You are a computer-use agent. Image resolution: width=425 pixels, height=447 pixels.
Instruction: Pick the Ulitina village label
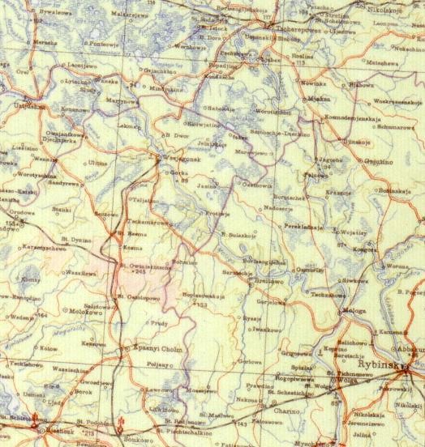tap(96, 164)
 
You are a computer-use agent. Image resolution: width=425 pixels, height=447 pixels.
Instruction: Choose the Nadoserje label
tap(279, 207)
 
